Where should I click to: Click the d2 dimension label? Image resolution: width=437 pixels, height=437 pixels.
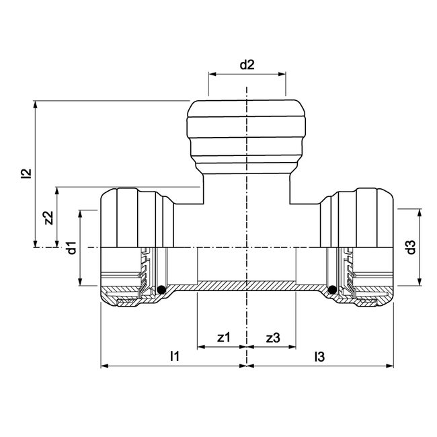pyautogui.click(x=247, y=65)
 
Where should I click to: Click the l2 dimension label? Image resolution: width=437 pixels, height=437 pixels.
pyautogui.click(x=26, y=174)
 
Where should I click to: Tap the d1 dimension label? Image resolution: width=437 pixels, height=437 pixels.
pyautogui.click(x=71, y=247)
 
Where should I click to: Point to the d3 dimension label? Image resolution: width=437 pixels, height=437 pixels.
pyautogui.click(x=411, y=247)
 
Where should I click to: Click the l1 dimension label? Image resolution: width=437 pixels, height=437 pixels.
pyautogui.click(x=174, y=356)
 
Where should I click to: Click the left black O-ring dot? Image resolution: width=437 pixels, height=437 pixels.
pyautogui.click(x=161, y=290)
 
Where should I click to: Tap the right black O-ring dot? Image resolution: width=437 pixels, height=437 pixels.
pyautogui.click(x=332, y=290)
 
